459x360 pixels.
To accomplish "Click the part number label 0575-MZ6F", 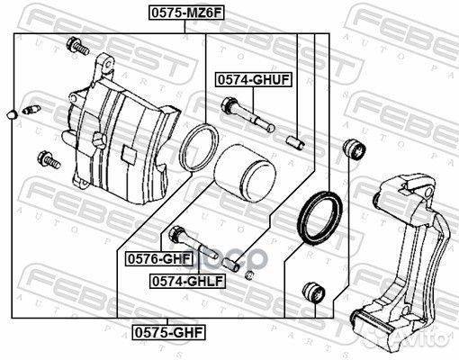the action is [186, 13].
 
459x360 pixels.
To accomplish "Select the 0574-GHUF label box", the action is [253, 79].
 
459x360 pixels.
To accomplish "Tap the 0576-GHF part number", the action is [159, 259].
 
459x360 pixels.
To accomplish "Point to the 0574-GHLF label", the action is [187, 281].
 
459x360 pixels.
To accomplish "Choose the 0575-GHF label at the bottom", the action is [169, 332].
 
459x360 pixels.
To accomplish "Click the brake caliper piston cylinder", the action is [245, 174].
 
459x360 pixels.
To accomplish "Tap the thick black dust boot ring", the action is [319, 217].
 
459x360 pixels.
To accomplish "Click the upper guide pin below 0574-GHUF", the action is [247, 115].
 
